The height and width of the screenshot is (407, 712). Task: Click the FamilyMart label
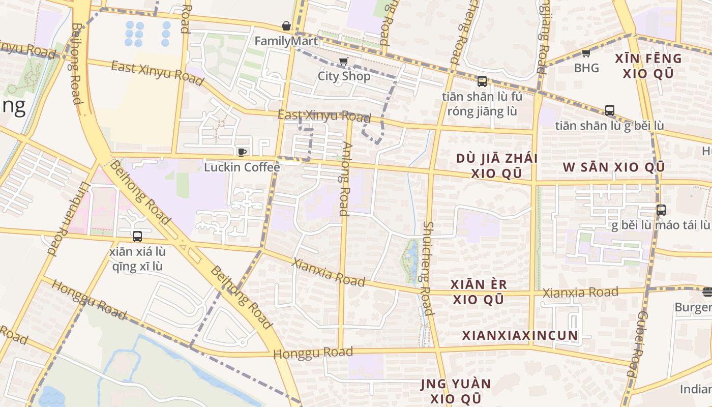coord(286,41)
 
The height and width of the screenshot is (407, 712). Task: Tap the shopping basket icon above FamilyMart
coord(286,26)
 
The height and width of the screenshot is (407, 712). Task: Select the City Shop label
coord(344,76)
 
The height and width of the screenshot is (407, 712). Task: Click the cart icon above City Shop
coord(344,62)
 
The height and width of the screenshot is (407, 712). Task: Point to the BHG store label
coord(586,68)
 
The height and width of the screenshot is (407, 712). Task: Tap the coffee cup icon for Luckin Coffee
coord(242,152)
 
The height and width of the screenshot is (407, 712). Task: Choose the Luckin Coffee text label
coord(242,167)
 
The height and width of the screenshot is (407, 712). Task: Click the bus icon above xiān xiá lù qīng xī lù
coord(137,237)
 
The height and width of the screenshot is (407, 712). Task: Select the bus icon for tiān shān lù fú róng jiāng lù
coord(482,81)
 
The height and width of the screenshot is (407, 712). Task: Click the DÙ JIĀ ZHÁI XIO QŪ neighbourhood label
coord(496,165)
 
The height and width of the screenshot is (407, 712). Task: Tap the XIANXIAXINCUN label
coord(520,335)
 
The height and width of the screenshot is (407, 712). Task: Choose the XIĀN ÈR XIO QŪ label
coord(479,292)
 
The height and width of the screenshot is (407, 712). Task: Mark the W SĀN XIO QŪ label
coord(613,167)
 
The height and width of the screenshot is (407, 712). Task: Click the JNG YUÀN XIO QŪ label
coord(456,391)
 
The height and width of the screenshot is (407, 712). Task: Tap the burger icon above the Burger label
coord(707,292)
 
